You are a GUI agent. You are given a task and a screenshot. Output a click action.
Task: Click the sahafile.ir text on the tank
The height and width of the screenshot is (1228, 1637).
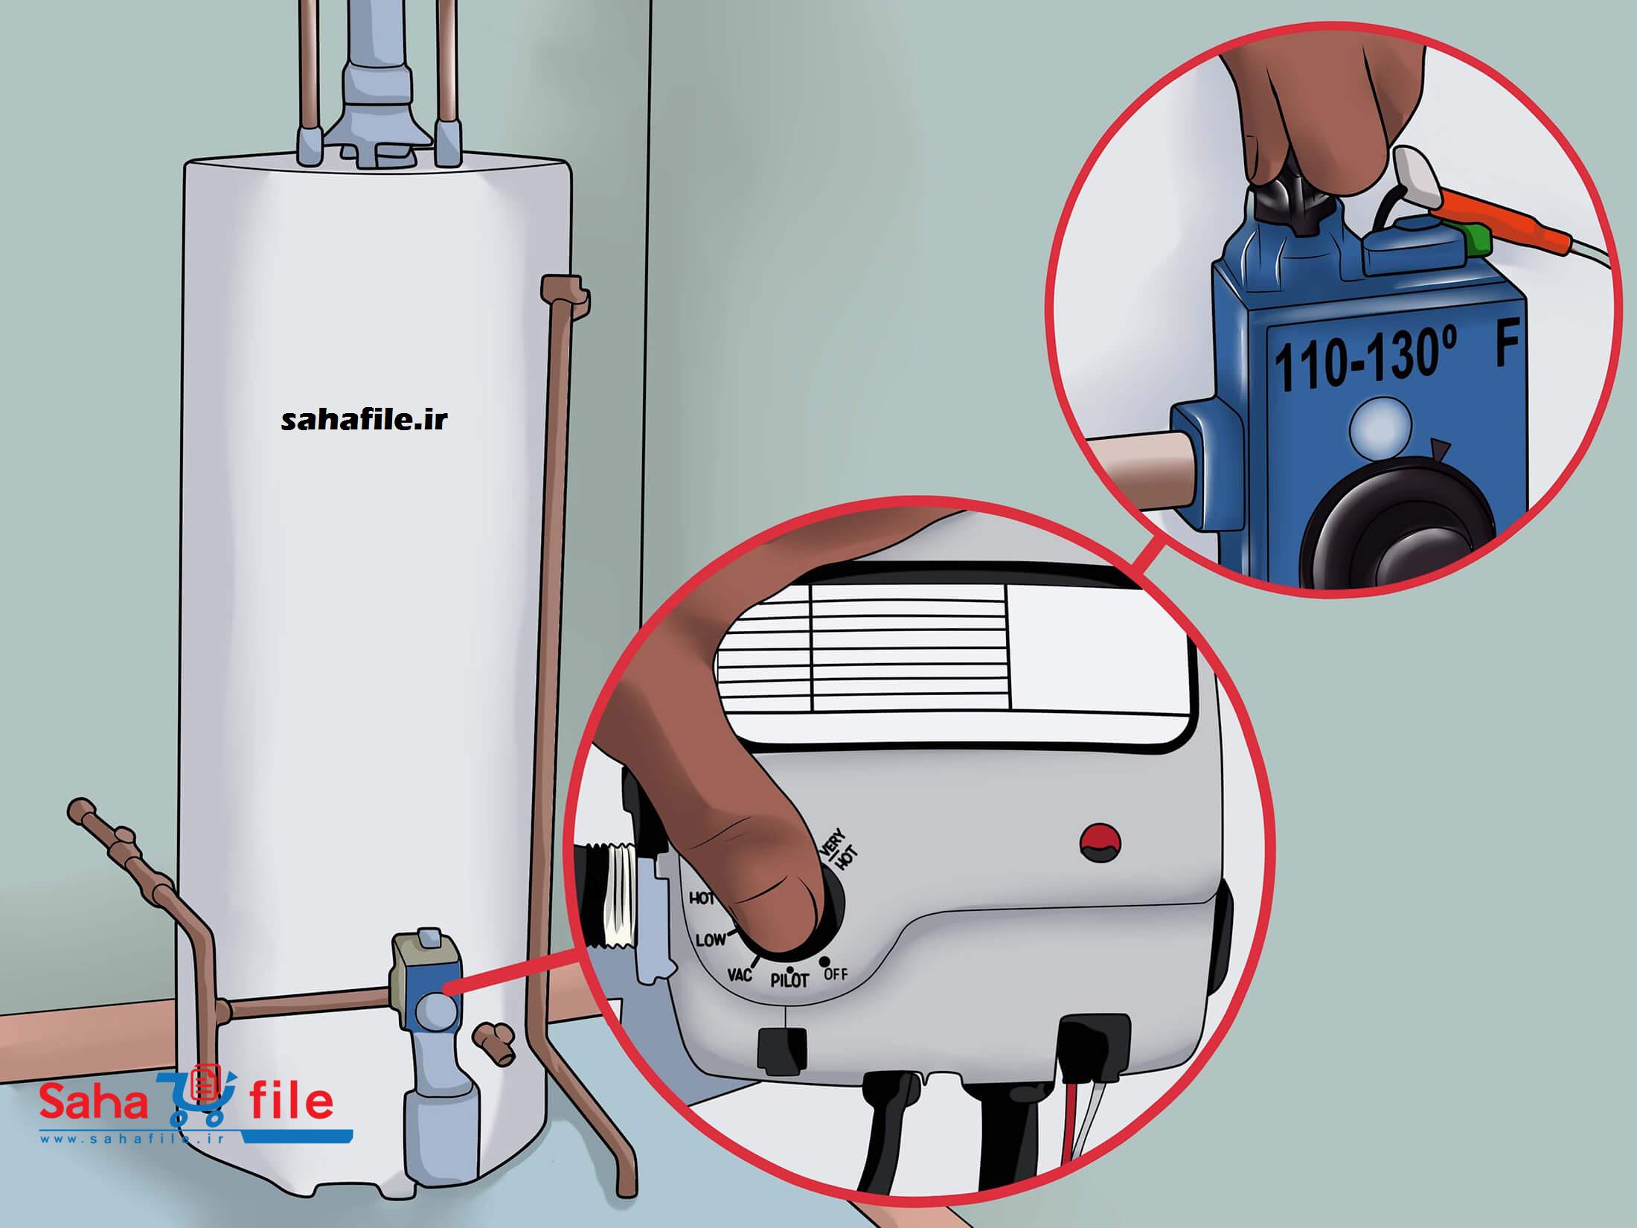point(365,421)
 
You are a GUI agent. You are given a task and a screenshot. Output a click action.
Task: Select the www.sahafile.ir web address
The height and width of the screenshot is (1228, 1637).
point(142,1159)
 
